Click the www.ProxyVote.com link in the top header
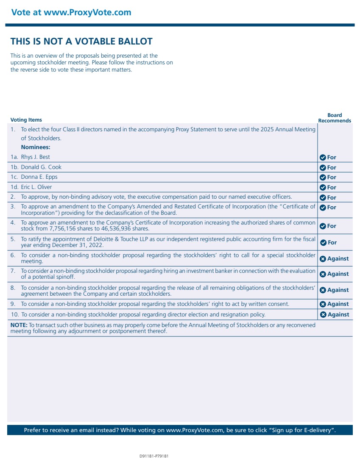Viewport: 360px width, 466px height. pos(87,12)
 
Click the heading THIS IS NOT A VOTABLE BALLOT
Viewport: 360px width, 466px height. pos(81,42)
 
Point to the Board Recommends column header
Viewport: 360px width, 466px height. pos(335,118)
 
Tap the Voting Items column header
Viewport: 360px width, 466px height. pos(26,120)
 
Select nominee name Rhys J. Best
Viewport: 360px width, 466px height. pos(35,157)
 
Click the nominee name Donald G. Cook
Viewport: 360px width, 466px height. pos(41,167)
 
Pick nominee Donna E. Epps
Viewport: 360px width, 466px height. pos(39,177)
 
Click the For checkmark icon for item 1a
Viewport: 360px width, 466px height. pos(323,158)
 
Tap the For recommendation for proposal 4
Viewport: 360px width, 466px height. pos(328,226)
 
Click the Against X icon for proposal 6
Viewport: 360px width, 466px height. pos(323,259)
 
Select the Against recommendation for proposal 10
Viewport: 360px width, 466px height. pos(335,314)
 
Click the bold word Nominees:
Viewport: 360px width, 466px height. pos(36,147)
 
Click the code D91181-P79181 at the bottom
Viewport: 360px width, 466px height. pos(154,456)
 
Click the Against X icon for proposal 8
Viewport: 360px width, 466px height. pos(323,290)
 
